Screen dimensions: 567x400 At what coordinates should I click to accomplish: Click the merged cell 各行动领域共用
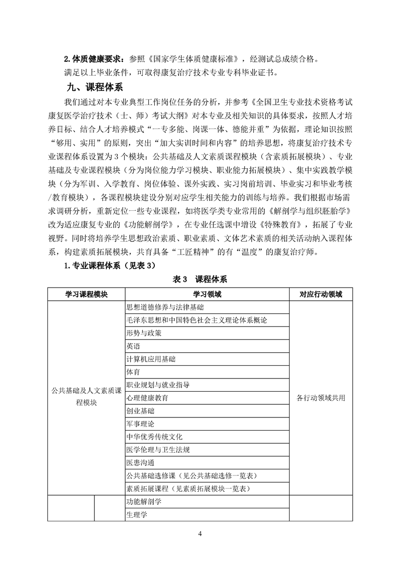(320, 398)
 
